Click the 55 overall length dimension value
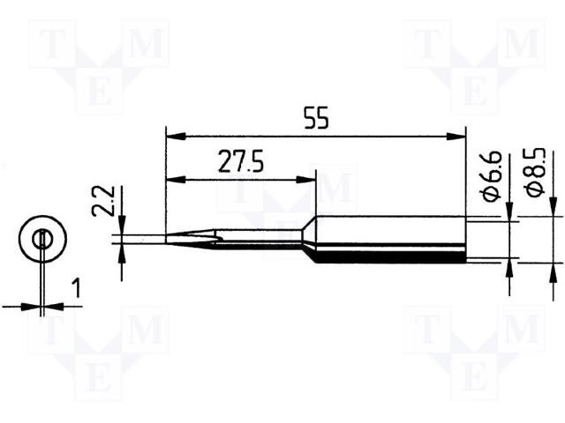[x=317, y=118]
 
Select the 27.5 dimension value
[x=241, y=162]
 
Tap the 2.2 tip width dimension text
[x=98, y=200]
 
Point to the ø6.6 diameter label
[x=490, y=176]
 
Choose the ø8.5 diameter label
[x=536, y=173]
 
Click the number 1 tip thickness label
[x=77, y=289]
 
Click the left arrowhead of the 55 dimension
[x=176, y=137]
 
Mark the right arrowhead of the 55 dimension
[x=456, y=137]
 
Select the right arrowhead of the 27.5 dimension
[x=305, y=180]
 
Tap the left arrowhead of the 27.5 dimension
[x=176, y=180]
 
